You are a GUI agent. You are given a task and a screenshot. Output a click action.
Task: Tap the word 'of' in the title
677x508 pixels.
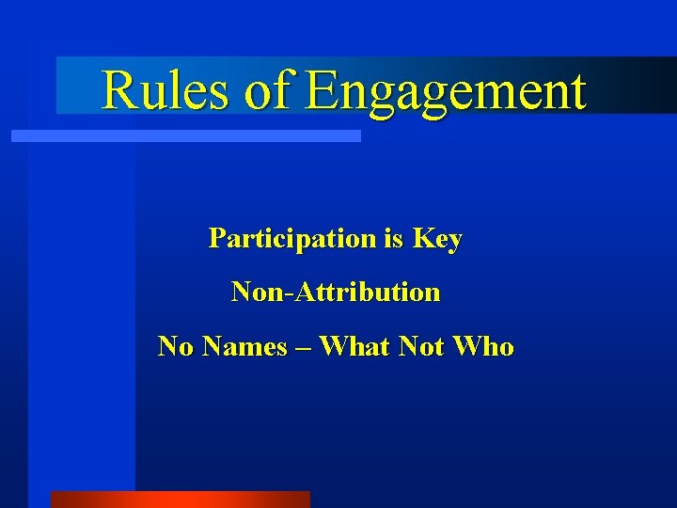[x=270, y=90]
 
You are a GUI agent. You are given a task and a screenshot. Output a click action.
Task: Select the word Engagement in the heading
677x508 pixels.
[x=446, y=92]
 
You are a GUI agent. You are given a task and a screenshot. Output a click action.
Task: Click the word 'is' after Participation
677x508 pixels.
[x=393, y=239]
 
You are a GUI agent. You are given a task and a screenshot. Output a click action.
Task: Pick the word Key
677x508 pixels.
[x=437, y=240]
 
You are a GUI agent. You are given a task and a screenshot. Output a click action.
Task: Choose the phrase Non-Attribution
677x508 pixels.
[x=336, y=293]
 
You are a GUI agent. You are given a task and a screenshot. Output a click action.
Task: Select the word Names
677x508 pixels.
[x=244, y=347]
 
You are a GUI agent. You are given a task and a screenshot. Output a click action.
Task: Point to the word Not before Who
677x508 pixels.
[x=421, y=347]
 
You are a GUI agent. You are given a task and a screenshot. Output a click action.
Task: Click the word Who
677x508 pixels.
[x=483, y=347]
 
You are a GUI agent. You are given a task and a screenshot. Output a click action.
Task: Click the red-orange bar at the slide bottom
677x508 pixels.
[x=180, y=500]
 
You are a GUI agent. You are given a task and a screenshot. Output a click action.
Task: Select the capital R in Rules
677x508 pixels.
[x=118, y=90]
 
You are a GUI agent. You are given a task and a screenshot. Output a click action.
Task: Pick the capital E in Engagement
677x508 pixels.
[x=322, y=90]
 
